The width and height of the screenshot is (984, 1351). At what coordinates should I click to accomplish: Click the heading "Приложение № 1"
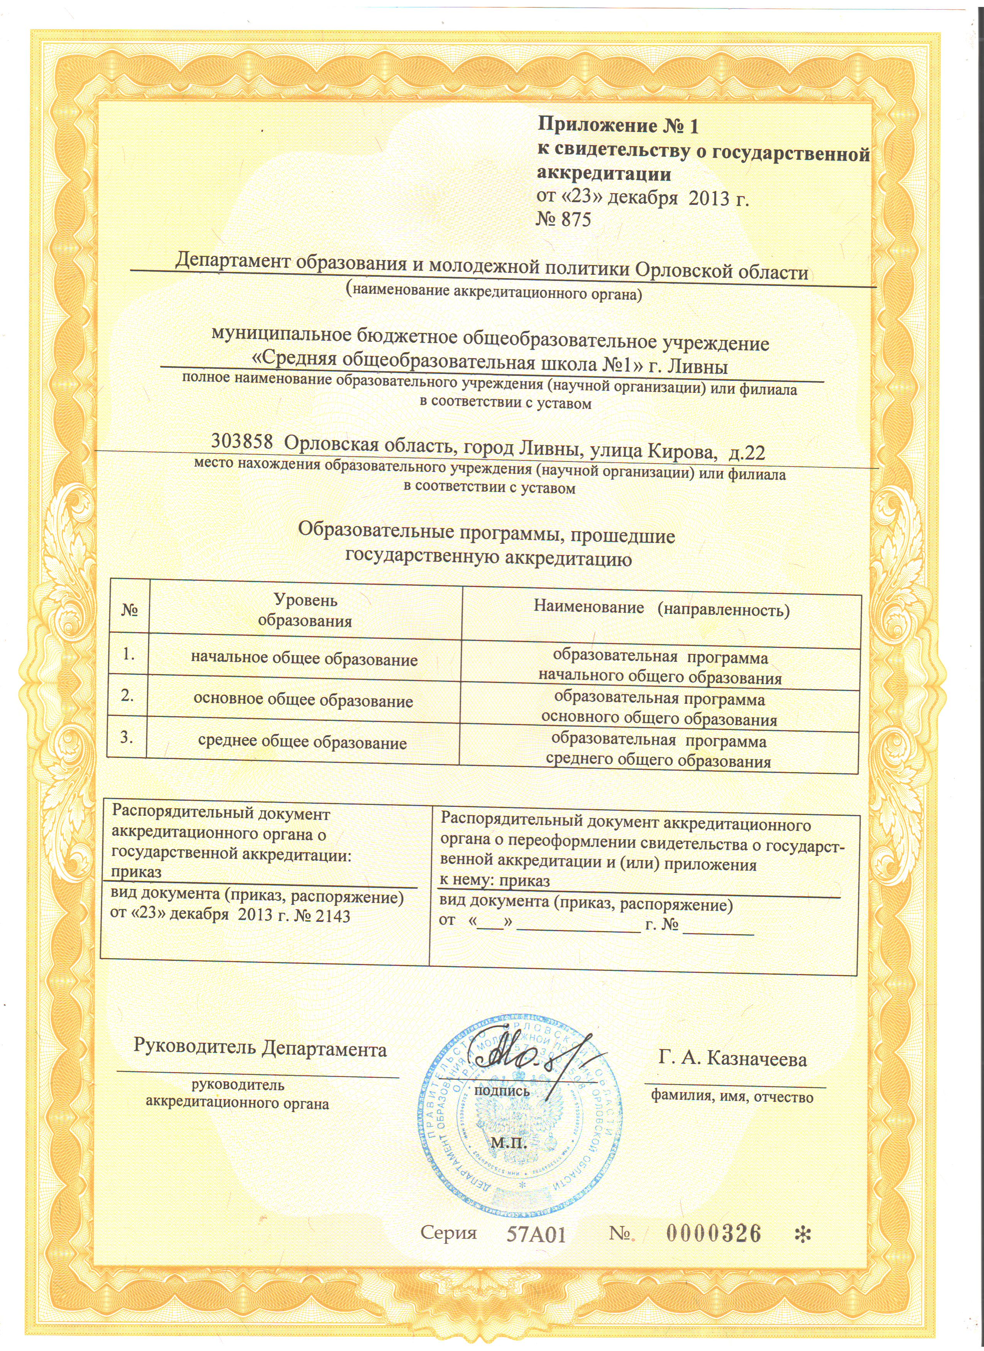[618, 126]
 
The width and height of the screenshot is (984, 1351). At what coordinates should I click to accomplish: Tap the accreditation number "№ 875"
[563, 220]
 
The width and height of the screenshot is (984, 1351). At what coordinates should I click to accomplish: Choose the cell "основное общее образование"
[303, 700]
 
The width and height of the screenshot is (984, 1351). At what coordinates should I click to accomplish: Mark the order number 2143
[332, 916]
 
